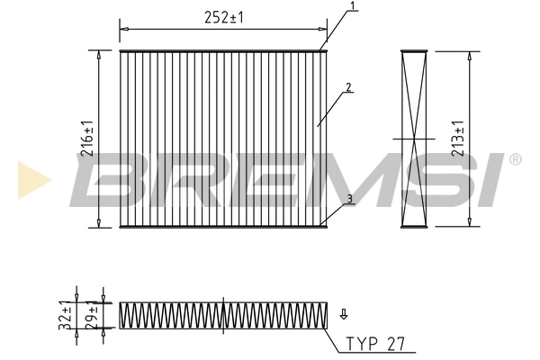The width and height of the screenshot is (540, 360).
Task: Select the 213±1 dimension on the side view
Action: [458, 138]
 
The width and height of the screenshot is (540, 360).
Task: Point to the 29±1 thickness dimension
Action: [93, 317]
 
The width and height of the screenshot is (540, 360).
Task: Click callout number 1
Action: [353, 7]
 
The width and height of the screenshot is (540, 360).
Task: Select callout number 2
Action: [346, 88]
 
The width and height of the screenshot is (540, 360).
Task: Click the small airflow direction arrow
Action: [343, 314]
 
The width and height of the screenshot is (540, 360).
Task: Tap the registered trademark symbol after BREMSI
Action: [515, 159]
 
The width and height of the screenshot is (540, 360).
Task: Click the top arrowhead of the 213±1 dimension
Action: [469, 55]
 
